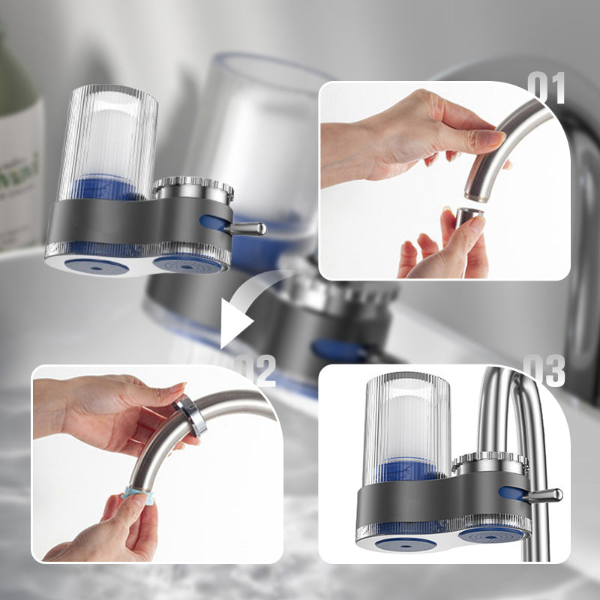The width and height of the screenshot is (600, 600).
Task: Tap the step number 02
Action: (x=255, y=370)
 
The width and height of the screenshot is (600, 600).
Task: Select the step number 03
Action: (x=544, y=370)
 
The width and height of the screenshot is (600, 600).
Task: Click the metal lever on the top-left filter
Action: (x=247, y=228)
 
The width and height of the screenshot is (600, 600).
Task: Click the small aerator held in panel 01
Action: (x=468, y=217)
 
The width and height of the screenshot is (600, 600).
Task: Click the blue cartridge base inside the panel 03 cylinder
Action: (x=412, y=472)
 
